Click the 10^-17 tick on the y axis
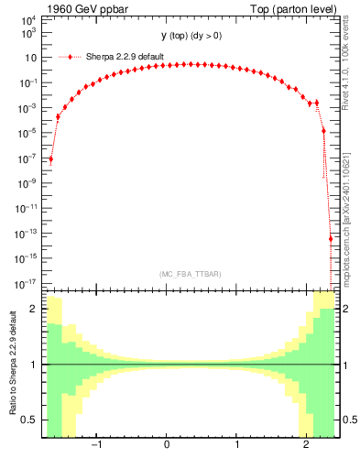click(27, 282)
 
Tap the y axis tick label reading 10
click(31, 57)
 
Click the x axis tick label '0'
click(167, 445)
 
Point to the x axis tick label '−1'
click(94, 445)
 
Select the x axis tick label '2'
click(307, 445)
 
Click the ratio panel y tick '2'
click(35, 310)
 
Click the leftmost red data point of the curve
click(51, 158)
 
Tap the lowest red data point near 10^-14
click(331, 239)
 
